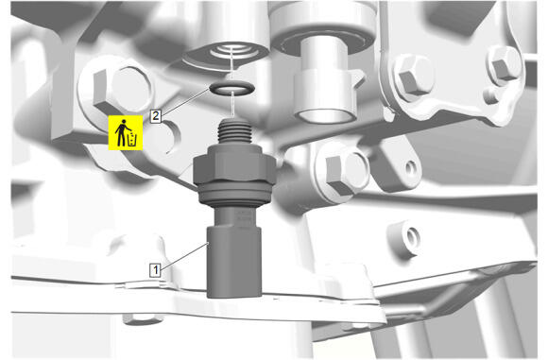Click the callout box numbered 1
click(x=155, y=270)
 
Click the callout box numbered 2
click(x=156, y=115)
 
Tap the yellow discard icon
click(x=126, y=132)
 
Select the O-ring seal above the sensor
click(x=232, y=88)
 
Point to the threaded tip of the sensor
click(x=234, y=131)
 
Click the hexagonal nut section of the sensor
click(x=234, y=164)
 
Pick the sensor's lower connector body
click(x=234, y=262)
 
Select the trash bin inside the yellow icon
click(x=132, y=139)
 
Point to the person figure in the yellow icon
click(x=121, y=133)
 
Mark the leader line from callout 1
click(x=184, y=255)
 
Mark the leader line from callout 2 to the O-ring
click(x=185, y=101)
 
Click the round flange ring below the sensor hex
click(x=235, y=194)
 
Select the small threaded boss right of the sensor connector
click(x=407, y=239)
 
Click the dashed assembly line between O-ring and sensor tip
click(x=232, y=104)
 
